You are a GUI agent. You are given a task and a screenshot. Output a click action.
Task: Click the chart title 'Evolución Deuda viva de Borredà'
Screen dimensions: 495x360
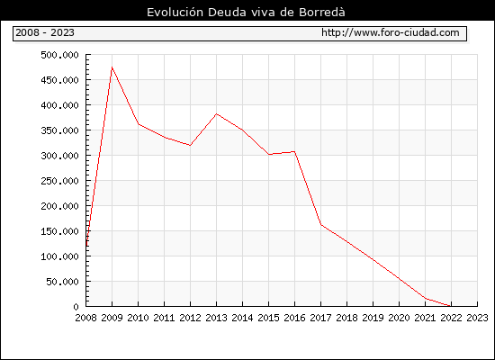click(x=246, y=13)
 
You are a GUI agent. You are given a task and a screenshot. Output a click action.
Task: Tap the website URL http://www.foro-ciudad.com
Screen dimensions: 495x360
click(x=391, y=32)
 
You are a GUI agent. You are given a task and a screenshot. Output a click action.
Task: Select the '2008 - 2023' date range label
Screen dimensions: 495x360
click(x=45, y=32)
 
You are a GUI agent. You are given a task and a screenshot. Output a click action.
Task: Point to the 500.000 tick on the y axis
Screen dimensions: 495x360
click(x=59, y=55)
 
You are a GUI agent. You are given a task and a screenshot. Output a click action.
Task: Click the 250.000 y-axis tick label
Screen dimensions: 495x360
click(x=59, y=181)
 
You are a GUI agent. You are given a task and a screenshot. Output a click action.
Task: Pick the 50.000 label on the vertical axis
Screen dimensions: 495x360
click(x=62, y=282)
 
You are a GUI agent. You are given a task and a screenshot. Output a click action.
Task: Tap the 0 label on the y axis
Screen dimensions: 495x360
click(x=76, y=307)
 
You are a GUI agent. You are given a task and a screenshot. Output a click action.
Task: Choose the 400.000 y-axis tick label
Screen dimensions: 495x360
click(x=59, y=105)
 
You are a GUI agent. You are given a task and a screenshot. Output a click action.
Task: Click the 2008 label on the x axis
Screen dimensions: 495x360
click(x=85, y=318)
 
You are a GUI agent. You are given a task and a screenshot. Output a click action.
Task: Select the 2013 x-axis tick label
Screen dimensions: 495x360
click(x=216, y=318)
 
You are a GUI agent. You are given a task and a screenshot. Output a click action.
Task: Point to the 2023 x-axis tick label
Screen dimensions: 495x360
click(x=477, y=318)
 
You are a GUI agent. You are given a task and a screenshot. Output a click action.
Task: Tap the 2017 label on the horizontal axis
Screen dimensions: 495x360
click(x=320, y=318)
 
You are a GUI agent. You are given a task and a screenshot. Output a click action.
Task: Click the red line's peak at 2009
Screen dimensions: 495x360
click(x=112, y=67)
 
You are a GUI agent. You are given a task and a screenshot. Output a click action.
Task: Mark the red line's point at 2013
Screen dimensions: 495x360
click(x=216, y=114)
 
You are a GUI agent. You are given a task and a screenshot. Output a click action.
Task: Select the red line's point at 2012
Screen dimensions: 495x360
click(x=190, y=145)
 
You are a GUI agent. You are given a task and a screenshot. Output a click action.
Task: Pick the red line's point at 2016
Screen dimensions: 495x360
click(x=294, y=151)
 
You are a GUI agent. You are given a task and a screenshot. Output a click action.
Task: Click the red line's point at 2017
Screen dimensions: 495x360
click(x=320, y=224)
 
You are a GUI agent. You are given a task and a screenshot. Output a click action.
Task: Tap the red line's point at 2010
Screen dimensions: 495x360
click(x=139, y=124)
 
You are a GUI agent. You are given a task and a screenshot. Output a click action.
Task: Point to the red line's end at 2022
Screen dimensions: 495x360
click(x=451, y=306)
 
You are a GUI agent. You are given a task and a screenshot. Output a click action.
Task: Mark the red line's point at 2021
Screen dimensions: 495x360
click(x=425, y=298)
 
